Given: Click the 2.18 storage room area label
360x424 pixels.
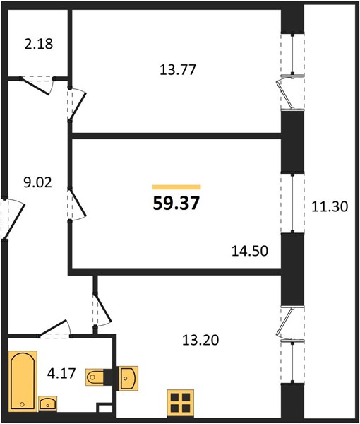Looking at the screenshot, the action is click(39, 44).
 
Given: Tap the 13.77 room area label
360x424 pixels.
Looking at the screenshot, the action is click(178, 69).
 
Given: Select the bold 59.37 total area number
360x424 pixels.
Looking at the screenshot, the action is click(176, 203).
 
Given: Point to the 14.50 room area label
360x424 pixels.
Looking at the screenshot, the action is click(250, 251).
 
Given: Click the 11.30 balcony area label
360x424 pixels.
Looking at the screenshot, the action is click(330, 206).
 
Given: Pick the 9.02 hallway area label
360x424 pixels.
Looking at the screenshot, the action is click(37, 182).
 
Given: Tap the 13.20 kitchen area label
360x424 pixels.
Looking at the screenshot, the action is click(200, 340).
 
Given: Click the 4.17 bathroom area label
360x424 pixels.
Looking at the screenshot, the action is click(61, 373).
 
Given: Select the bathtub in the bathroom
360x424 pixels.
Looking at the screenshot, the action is click(23, 381).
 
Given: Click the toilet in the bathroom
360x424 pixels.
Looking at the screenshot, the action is click(96, 377).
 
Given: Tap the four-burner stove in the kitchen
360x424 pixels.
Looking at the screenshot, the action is click(181, 403).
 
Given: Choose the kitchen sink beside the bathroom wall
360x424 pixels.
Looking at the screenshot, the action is click(128, 378).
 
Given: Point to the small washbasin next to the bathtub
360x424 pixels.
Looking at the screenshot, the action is click(48, 404).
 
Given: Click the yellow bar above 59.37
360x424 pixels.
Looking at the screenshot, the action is click(176, 187).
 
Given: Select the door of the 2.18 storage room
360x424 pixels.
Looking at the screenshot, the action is click(36, 86).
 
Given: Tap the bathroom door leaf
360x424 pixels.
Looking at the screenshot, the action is click(53, 329).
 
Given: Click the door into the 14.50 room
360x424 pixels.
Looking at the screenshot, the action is click(78, 204).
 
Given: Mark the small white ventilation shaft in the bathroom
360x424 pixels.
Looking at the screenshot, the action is click(105, 408).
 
